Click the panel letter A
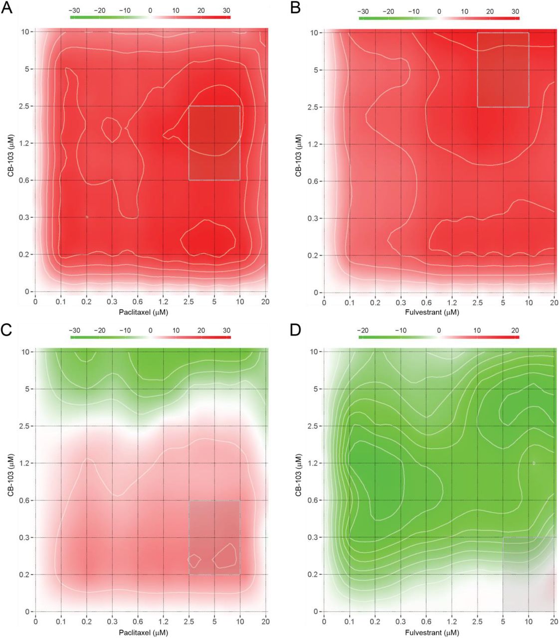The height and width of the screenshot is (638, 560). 7,8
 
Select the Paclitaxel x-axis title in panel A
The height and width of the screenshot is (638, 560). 143,312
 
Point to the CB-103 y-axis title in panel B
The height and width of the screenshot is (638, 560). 298,155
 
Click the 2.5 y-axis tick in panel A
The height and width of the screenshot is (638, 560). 24,106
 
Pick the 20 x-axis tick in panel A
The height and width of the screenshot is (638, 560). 266,302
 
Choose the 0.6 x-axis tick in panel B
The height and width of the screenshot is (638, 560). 426,303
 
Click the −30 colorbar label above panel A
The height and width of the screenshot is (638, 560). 74,10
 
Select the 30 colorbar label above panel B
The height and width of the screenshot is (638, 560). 515,11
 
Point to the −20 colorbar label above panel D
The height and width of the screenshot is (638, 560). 363,330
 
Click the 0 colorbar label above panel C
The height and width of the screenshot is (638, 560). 151,330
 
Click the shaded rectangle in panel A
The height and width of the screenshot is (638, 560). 214,143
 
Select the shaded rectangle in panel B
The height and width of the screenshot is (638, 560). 503,70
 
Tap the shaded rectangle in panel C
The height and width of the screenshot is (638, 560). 214,537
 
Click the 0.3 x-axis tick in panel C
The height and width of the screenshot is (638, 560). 112,622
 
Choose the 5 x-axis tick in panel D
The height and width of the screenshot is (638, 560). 503,622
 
